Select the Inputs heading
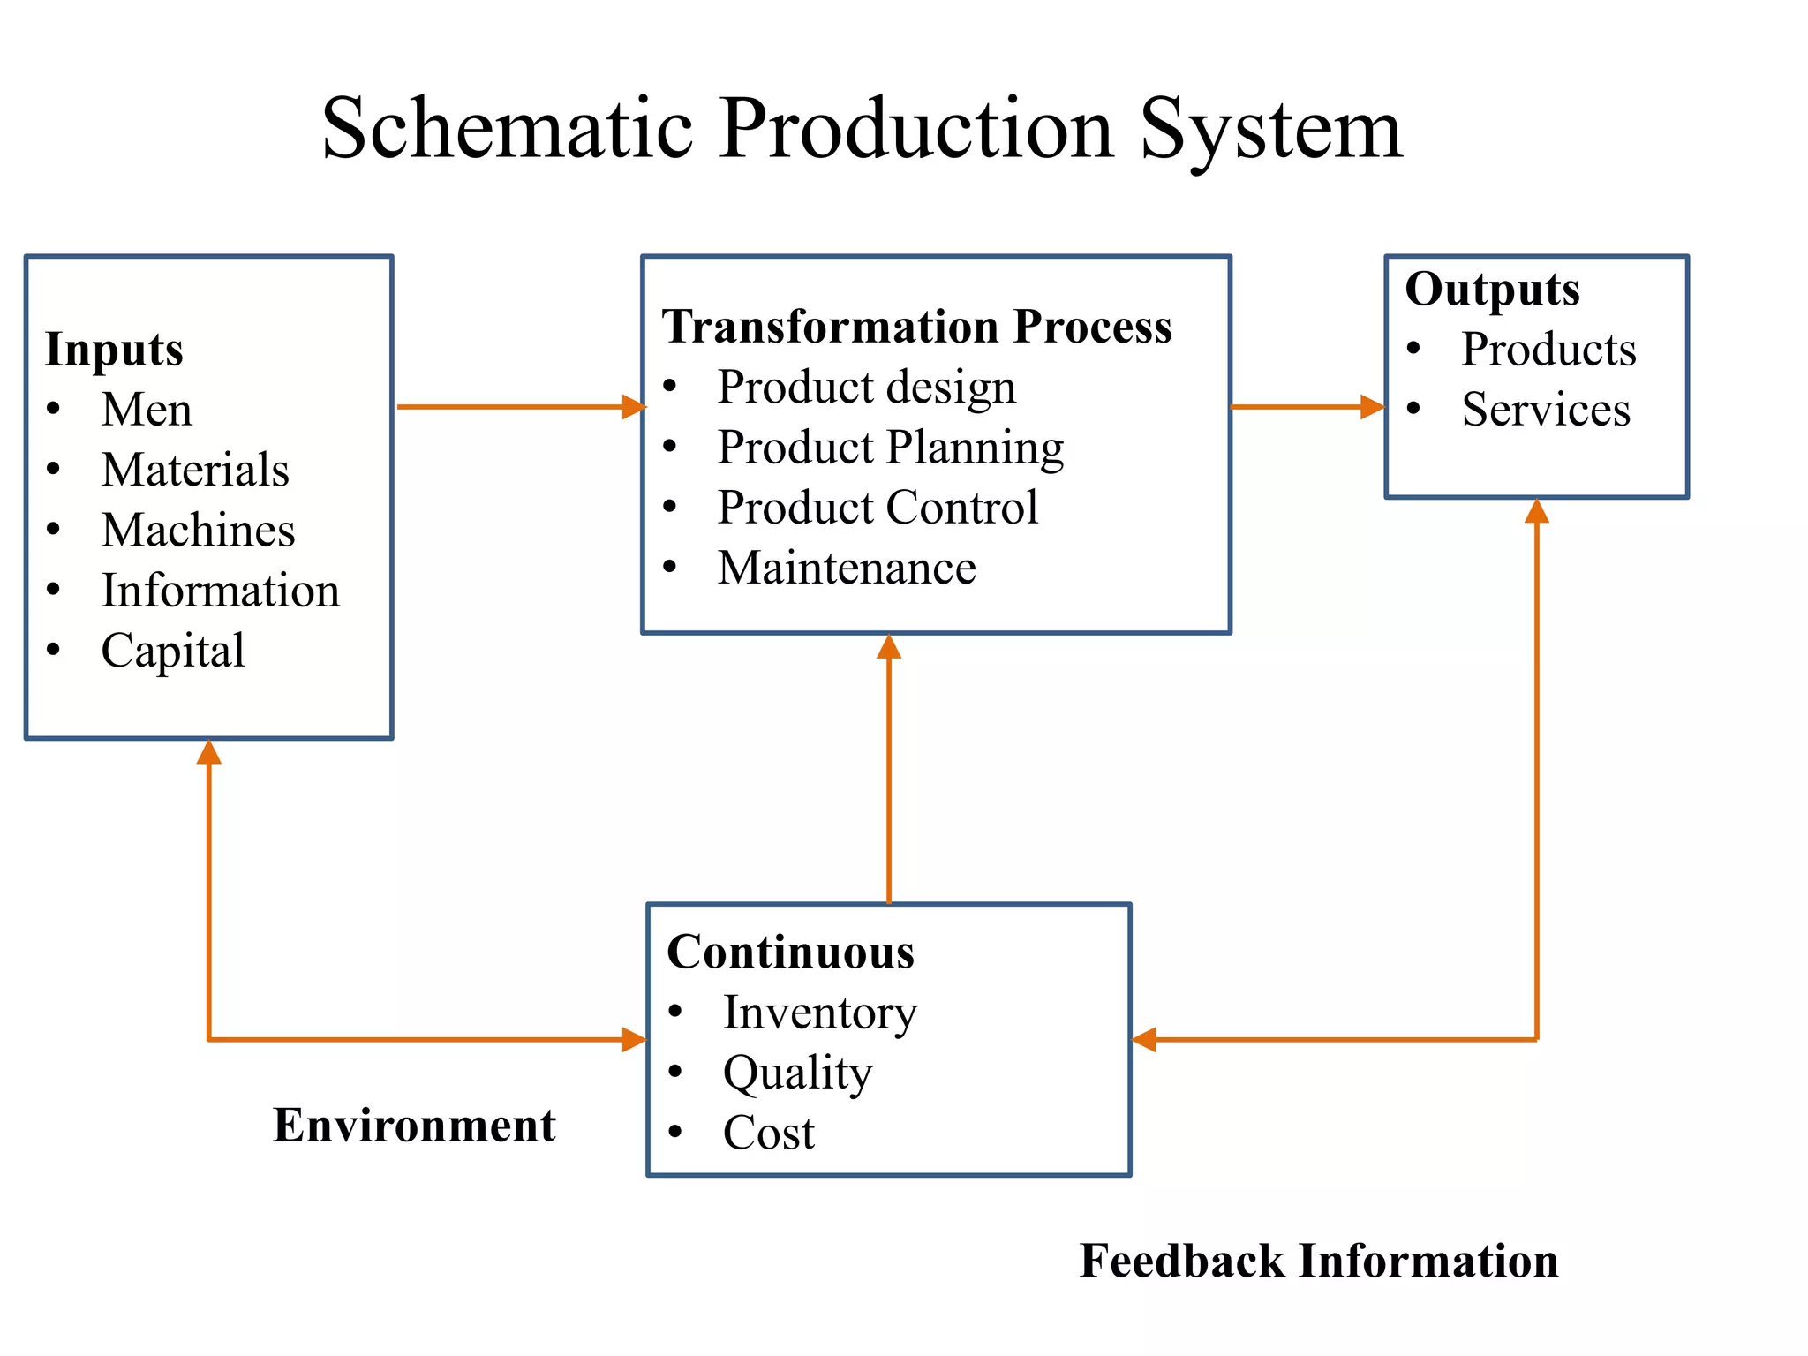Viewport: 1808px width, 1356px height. click(114, 350)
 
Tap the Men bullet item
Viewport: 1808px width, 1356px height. click(147, 410)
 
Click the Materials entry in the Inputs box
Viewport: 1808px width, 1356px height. click(195, 470)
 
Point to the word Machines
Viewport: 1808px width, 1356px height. click(198, 531)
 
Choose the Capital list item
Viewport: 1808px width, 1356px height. click(173, 652)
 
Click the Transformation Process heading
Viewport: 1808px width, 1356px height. click(916, 327)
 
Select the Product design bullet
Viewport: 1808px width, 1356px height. click(866, 388)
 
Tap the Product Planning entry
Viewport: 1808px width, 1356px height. click(890, 448)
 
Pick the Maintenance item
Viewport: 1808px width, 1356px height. click(847, 569)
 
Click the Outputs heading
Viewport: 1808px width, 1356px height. click(1492, 290)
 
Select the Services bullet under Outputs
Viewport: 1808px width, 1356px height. click(1545, 410)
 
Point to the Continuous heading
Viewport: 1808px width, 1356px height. click(790, 953)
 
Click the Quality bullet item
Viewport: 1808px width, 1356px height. click(797, 1073)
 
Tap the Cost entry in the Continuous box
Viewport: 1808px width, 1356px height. click(768, 1134)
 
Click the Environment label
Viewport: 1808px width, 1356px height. click(414, 1126)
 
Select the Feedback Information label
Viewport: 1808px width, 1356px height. click(1319, 1261)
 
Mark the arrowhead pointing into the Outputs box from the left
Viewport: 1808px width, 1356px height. click(1372, 407)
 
